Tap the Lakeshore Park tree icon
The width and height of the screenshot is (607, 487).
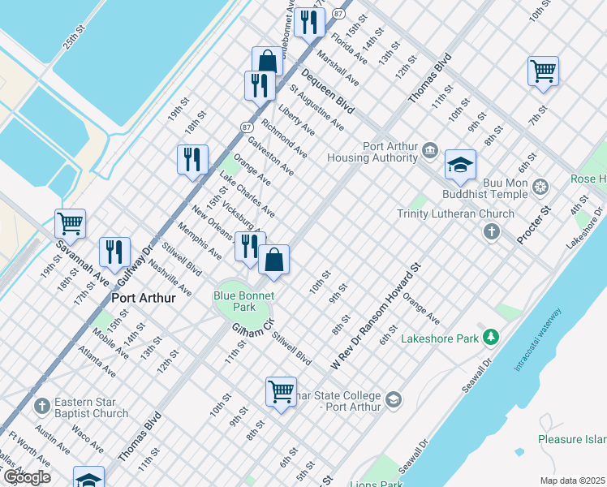(490, 337)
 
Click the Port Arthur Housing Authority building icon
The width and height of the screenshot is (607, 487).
(429, 150)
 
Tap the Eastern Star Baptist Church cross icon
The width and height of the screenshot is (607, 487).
(42, 404)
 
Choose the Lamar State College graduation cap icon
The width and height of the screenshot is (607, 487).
(394, 399)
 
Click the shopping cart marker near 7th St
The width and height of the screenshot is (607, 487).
(543, 70)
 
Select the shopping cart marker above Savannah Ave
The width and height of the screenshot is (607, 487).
(70, 222)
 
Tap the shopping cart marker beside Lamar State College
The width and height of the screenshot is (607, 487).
(281, 390)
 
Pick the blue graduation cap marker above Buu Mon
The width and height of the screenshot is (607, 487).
(460, 165)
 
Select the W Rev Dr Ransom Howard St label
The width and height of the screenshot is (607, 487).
(376, 317)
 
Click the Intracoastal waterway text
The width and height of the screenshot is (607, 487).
(536, 341)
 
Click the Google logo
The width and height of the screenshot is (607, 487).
(26, 477)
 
